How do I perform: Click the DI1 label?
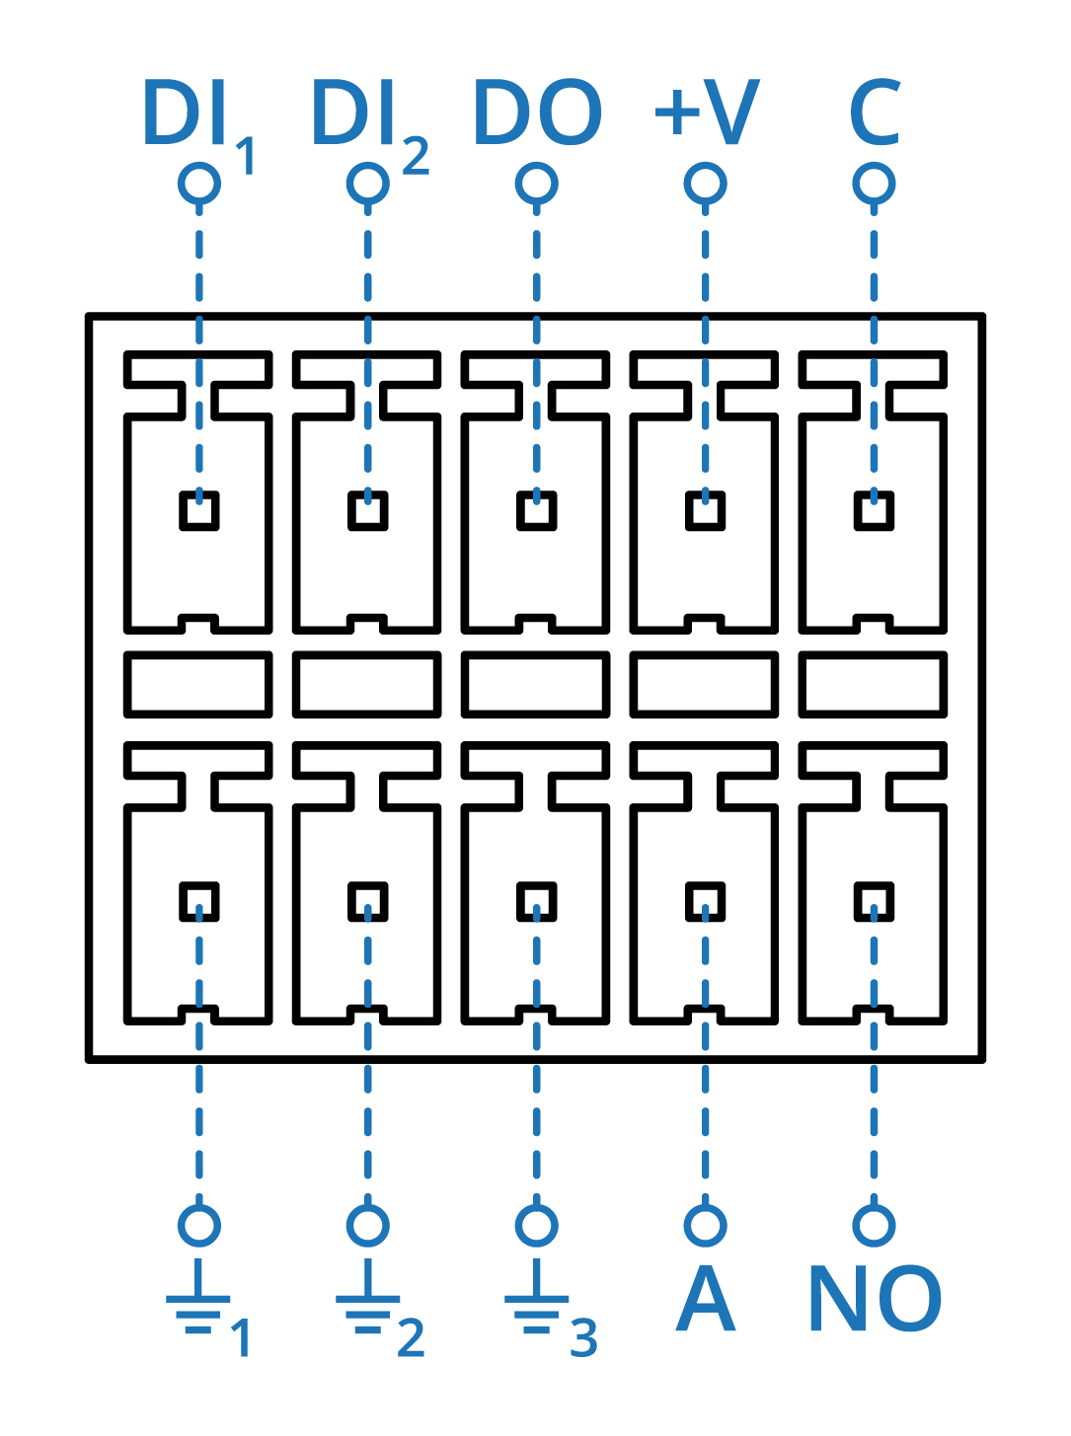[x=197, y=118]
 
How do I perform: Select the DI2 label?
[x=368, y=118]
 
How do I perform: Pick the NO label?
[x=875, y=1300]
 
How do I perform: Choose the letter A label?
[x=706, y=1300]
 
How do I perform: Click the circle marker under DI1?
[x=199, y=184]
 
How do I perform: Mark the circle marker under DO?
[x=537, y=184]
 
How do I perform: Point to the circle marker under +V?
[x=706, y=184]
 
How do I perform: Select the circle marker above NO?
[x=875, y=1225]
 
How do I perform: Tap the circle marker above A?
[x=706, y=1225]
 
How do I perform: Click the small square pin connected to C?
[x=875, y=511]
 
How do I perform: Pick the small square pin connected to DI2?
[x=368, y=511]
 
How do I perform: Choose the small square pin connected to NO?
[x=875, y=901]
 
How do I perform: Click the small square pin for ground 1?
[x=199, y=901]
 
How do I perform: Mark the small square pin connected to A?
[x=706, y=901]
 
